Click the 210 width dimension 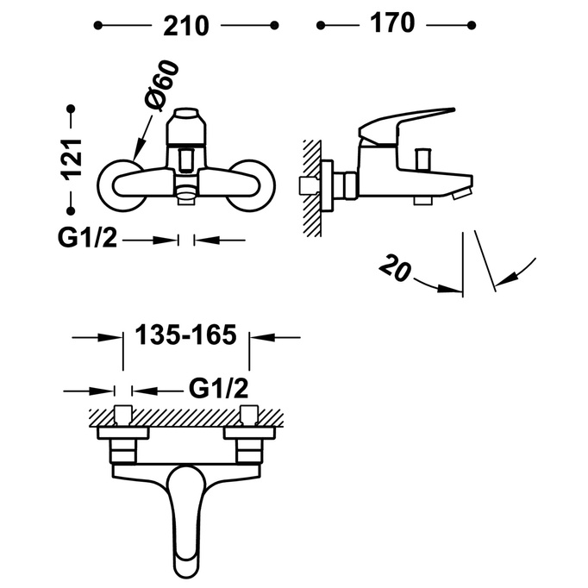pyautogui.click(x=186, y=26)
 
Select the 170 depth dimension pyautogui.click(x=392, y=23)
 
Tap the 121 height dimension pyautogui.click(x=72, y=160)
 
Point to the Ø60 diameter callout pyautogui.click(x=161, y=85)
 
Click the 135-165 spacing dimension pyautogui.click(x=185, y=335)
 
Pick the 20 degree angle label pyautogui.click(x=395, y=267)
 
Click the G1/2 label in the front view pyautogui.click(x=87, y=238)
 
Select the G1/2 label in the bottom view pyautogui.click(x=218, y=389)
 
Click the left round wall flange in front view pyautogui.click(x=121, y=185)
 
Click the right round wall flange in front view pyautogui.click(x=251, y=185)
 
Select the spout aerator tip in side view pyautogui.click(x=461, y=194)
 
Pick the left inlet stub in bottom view pyautogui.click(x=123, y=415)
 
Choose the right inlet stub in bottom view pyautogui.click(x=249, y=415)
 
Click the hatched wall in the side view pyautogui.click(x=312, y=188)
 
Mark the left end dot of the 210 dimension pyautogui.click(x=98, y=26)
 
